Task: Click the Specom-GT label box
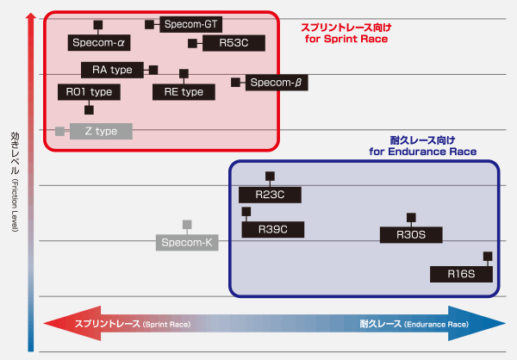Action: (190, 25)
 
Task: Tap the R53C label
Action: (234, 41)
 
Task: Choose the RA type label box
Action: (113, 70)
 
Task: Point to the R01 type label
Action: (89, 91)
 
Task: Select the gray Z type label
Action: (100, 131)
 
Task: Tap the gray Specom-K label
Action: (187, 242)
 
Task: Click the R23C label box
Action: (270, 196)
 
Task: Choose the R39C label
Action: (270, 229)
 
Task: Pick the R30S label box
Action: (411, 234)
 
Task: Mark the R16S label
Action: (462, 274)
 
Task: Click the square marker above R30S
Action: (411, 217)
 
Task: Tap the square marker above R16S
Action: (488, 256)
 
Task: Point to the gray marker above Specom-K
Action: (187, 225)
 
